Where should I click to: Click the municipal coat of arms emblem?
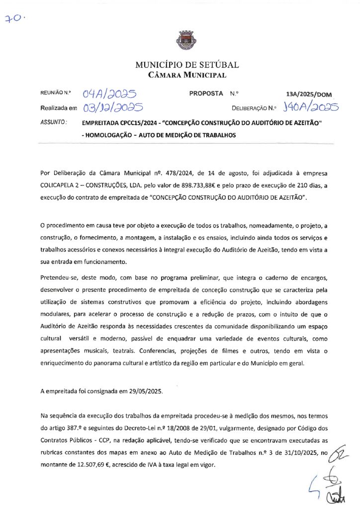point(180,40)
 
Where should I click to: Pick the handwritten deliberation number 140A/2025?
point(310,107)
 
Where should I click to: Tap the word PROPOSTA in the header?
point(206,93)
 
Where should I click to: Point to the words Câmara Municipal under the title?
point(187,76)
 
